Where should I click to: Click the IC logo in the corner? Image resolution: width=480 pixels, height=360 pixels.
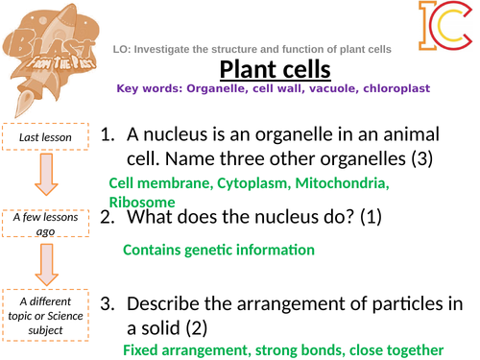point(444,27)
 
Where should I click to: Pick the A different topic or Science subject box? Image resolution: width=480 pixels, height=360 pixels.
point(44,314)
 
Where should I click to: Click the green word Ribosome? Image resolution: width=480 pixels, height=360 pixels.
point(142,202)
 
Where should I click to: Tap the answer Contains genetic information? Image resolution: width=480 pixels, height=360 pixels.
point(219,250)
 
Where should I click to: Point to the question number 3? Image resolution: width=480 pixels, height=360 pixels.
point(107,303)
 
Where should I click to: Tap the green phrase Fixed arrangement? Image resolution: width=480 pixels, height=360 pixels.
point(182,350)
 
